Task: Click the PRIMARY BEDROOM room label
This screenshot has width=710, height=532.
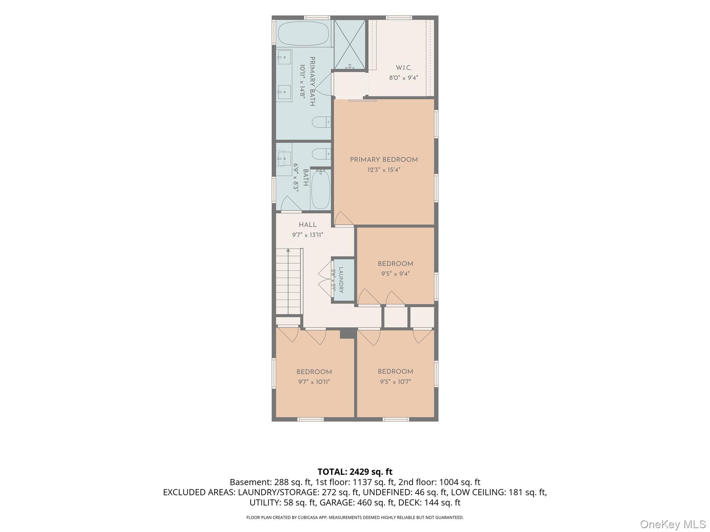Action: [384, 160]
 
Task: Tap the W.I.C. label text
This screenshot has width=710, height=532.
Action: [404, 68]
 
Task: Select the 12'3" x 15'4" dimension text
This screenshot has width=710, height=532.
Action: [384, 170]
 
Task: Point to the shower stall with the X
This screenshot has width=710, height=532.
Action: [349, 44]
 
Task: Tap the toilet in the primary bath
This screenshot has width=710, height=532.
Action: [321, 122]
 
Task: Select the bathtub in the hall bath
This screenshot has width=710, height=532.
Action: [320, 189]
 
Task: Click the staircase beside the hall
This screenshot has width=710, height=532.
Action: [288, 281]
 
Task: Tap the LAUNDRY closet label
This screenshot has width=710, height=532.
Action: [341, 280]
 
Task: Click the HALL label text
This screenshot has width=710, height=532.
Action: [308, 225]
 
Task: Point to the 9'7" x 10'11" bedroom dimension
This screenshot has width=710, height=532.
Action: [314, 382]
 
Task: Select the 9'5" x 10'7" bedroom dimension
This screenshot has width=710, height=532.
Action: [395, 382]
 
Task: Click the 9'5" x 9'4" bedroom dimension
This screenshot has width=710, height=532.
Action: [395, 274]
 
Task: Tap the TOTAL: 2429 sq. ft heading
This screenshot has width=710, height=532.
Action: [355, 472]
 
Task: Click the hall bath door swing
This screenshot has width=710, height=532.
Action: [291, 204]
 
